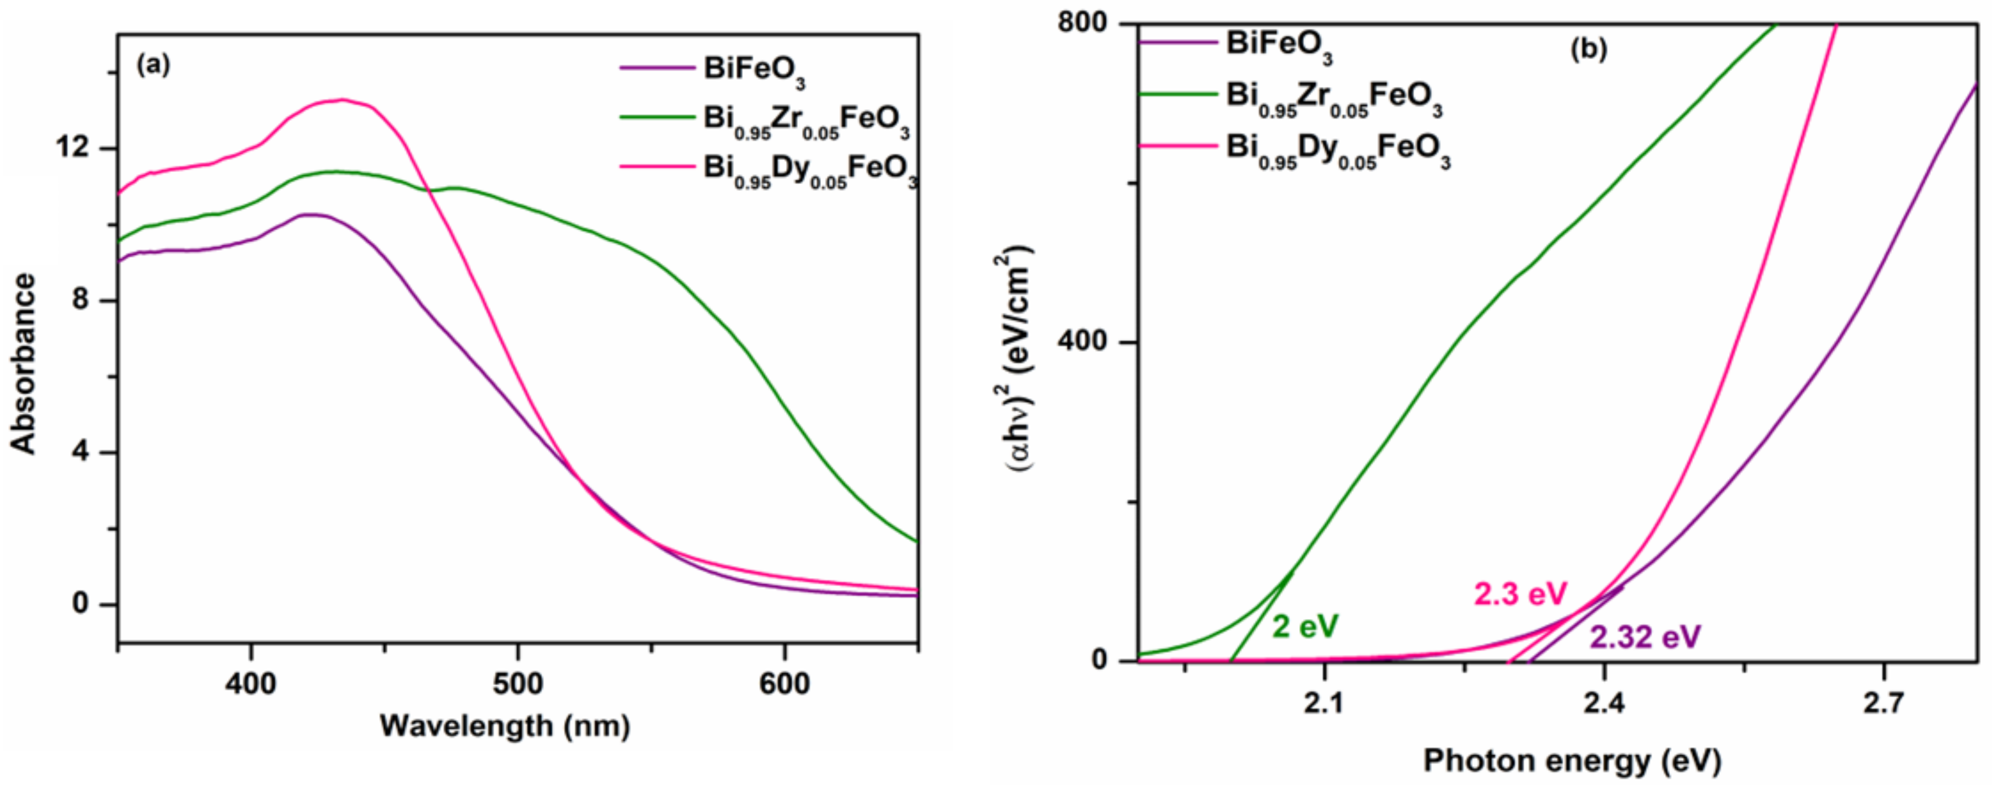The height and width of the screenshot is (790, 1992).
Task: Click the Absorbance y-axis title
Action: [x=23, y=363]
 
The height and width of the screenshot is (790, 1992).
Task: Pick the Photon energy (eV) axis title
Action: [x=1572, y=761]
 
